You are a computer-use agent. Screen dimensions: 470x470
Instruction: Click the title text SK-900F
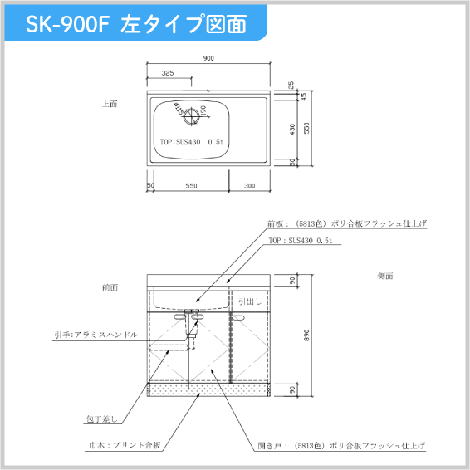point(67,24)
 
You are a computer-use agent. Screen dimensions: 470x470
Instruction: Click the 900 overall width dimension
point(208,58)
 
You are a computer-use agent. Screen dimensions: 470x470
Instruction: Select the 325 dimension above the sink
point(168,74)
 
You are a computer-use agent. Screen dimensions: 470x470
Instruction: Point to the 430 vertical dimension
point(291,130)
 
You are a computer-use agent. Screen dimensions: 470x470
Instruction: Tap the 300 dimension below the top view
point(250,186)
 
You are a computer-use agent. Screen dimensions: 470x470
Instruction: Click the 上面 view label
point(110,105)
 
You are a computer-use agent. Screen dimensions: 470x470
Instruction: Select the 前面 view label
point(110,287)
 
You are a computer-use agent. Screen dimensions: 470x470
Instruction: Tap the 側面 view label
point(384,275)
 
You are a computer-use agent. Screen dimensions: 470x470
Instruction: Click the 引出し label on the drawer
point(250,302)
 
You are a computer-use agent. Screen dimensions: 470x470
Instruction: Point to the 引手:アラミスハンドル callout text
point(90,335)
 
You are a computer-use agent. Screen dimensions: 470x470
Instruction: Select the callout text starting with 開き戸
point(341,446)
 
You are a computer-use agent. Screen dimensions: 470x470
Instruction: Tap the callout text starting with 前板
point(347,223)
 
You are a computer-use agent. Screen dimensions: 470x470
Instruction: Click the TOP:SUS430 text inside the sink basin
point(192,142)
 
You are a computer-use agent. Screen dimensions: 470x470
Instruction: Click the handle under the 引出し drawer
point(240,317)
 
